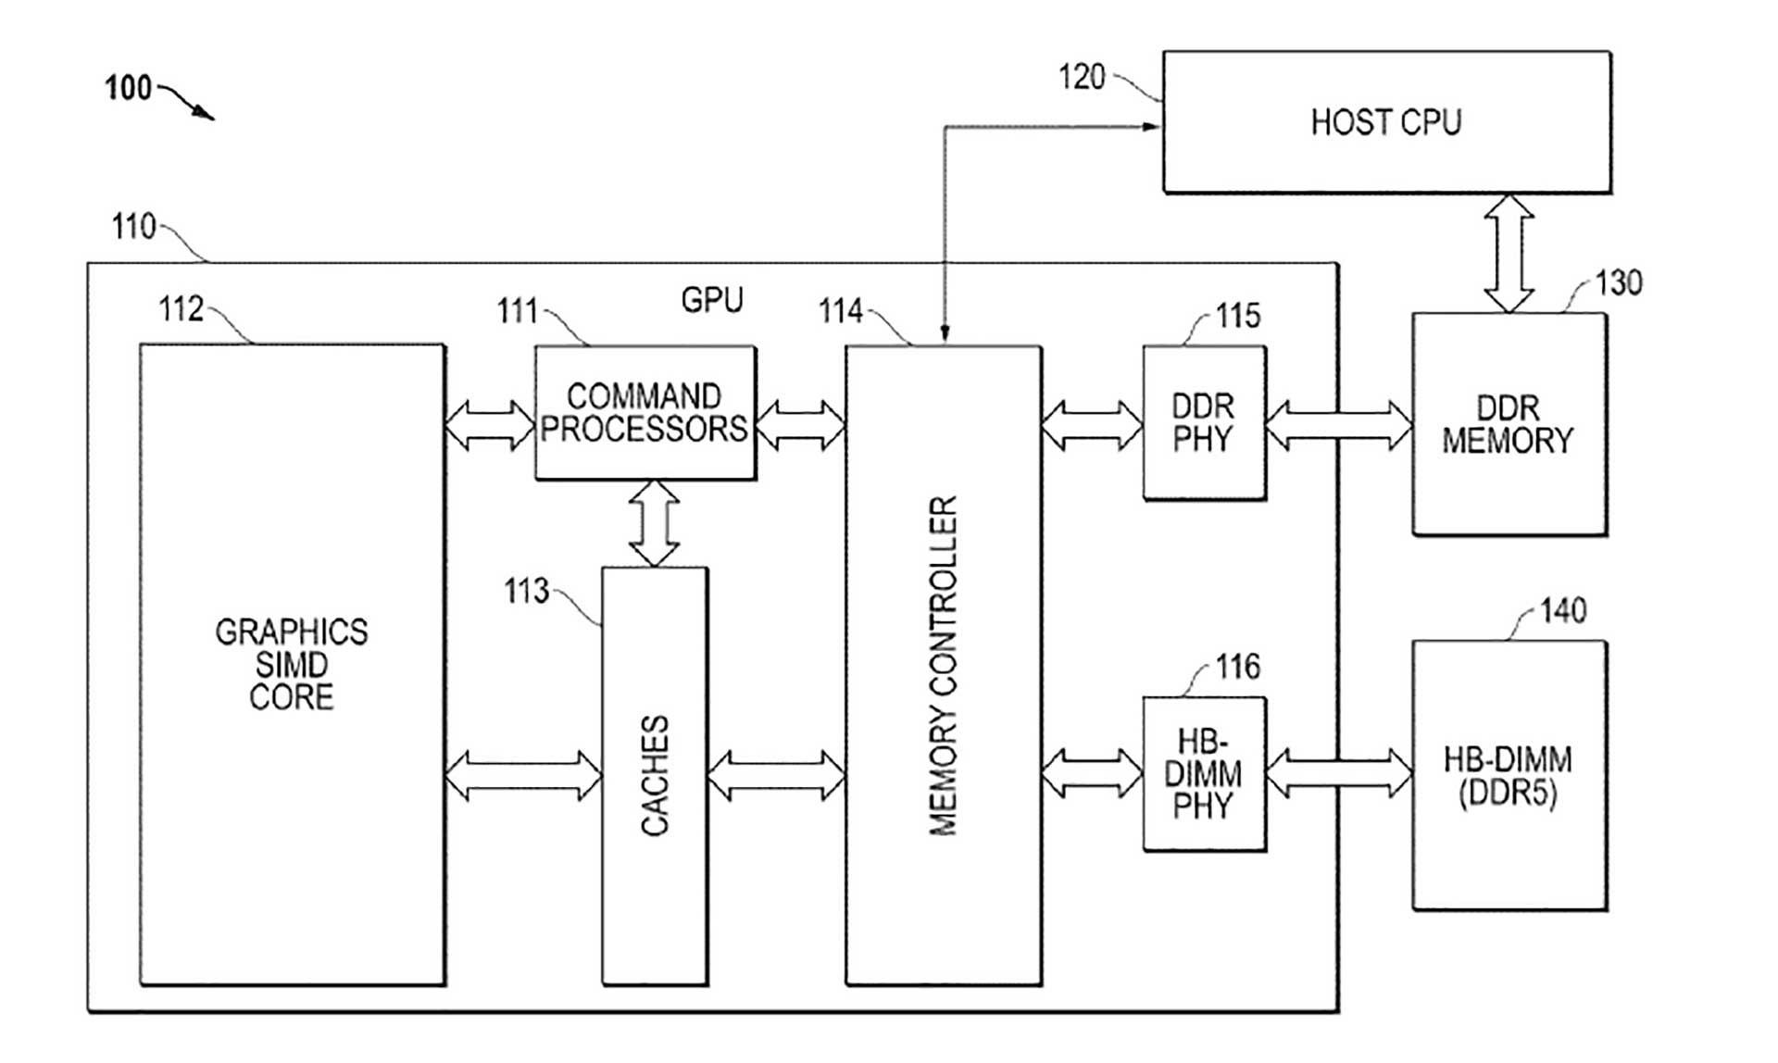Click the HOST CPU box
1386,122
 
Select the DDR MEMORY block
1509,424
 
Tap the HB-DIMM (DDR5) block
1509,776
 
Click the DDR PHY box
1204,422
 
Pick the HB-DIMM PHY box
1204,773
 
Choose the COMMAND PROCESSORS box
645,413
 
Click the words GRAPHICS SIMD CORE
292,664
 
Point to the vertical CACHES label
655,776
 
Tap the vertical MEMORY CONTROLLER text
943,667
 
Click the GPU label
712,300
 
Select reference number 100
128,88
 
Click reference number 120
1082,77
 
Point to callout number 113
526,591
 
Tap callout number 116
1238,667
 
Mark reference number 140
1563,610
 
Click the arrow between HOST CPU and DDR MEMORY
1509,253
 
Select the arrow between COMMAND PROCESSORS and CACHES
654,523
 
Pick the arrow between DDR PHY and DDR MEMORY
1338,426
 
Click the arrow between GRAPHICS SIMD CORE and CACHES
523,776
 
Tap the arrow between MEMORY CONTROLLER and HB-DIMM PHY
1092,773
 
